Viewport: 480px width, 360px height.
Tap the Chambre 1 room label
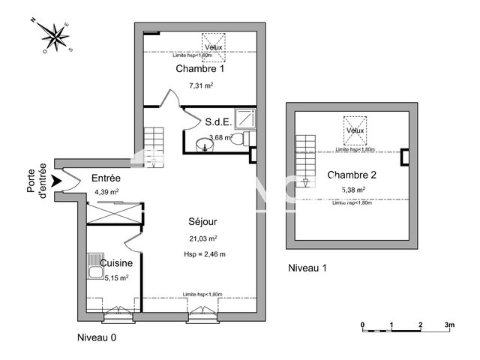(x=200, y=69)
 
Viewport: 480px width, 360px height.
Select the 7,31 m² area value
(x=200, y=86)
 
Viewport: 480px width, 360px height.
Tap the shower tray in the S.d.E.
(x=244, y=118)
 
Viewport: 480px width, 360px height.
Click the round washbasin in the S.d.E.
(x=203, y=144)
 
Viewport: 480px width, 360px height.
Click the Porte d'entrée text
(x=37, y=181)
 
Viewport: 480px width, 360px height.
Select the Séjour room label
(x=202, y=222)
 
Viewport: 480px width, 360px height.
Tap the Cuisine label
(x=117, y=263)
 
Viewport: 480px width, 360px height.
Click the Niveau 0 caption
(x=97, y=338)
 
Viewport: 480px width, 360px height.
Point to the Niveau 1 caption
(x=307, y=268)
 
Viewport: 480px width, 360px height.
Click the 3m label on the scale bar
(x=449, y=325)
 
